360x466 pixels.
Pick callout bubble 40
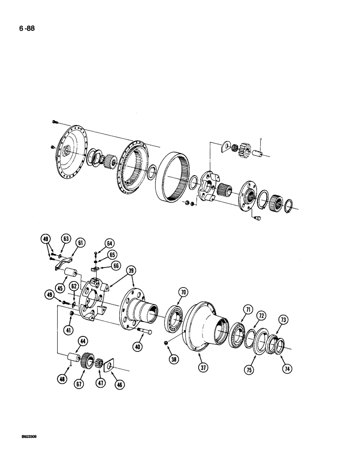click(138, 347)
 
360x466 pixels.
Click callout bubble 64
click(110, 243)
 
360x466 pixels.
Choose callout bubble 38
click(174, 360)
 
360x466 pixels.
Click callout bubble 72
click(262, 316)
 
